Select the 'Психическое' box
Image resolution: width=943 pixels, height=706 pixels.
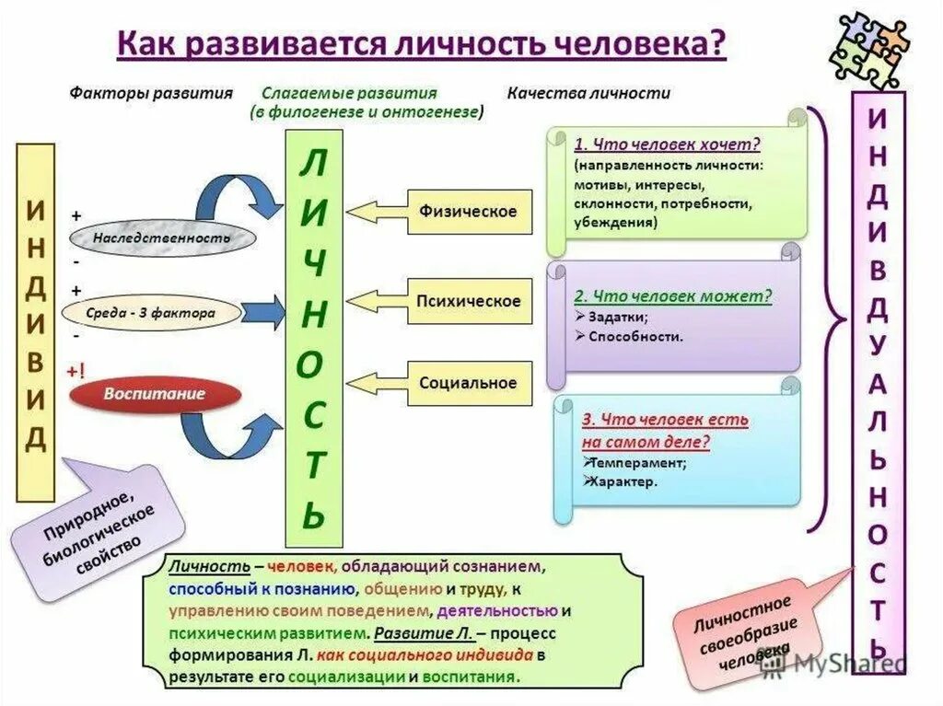point(470,301)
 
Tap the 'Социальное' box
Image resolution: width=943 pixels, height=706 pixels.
point(470,383)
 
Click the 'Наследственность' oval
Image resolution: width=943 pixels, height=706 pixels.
point(161,238)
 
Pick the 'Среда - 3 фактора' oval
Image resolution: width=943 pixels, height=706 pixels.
point(151,313)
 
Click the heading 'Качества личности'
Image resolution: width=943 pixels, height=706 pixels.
point(588,93)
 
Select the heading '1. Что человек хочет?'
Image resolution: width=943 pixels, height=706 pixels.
point(667,145)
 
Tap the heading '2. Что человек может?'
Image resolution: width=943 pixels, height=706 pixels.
point(672,296)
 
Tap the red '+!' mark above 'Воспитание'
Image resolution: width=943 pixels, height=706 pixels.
point(76,370)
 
